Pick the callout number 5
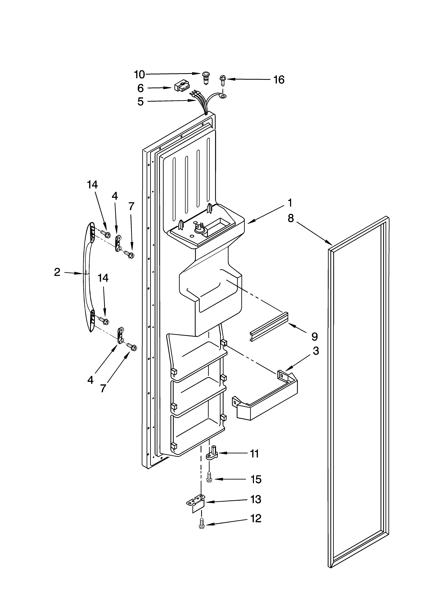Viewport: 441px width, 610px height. pos(140,102)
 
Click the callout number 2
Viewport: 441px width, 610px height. pos(57,272)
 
